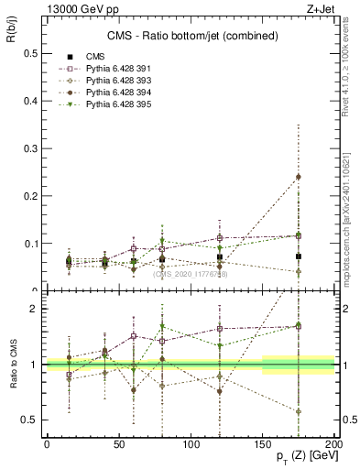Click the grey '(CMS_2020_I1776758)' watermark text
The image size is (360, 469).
pos(191,273)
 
